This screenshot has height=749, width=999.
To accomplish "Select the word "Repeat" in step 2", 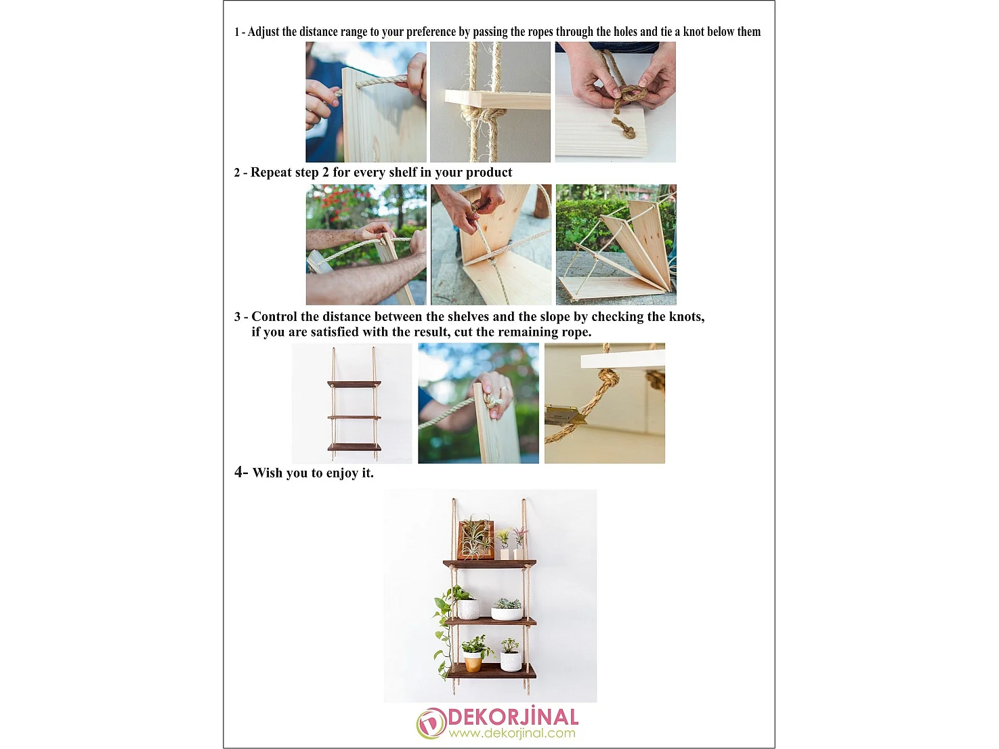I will tap(271, 173).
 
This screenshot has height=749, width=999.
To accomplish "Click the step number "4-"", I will tap(241, 473).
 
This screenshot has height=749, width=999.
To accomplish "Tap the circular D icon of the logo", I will tap(431, 723).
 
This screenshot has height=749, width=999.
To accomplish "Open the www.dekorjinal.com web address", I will tap(511, 733).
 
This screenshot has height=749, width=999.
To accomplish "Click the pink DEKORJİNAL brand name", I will tap(513, 717).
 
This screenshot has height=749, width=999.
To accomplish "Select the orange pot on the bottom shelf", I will tap(473, 662).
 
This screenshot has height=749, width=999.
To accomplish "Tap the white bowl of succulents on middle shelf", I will tap(506, 612).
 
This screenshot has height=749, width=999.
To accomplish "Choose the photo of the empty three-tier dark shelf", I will tap(352, 404).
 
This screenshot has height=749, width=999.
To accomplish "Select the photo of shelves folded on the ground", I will tap(616, 245).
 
